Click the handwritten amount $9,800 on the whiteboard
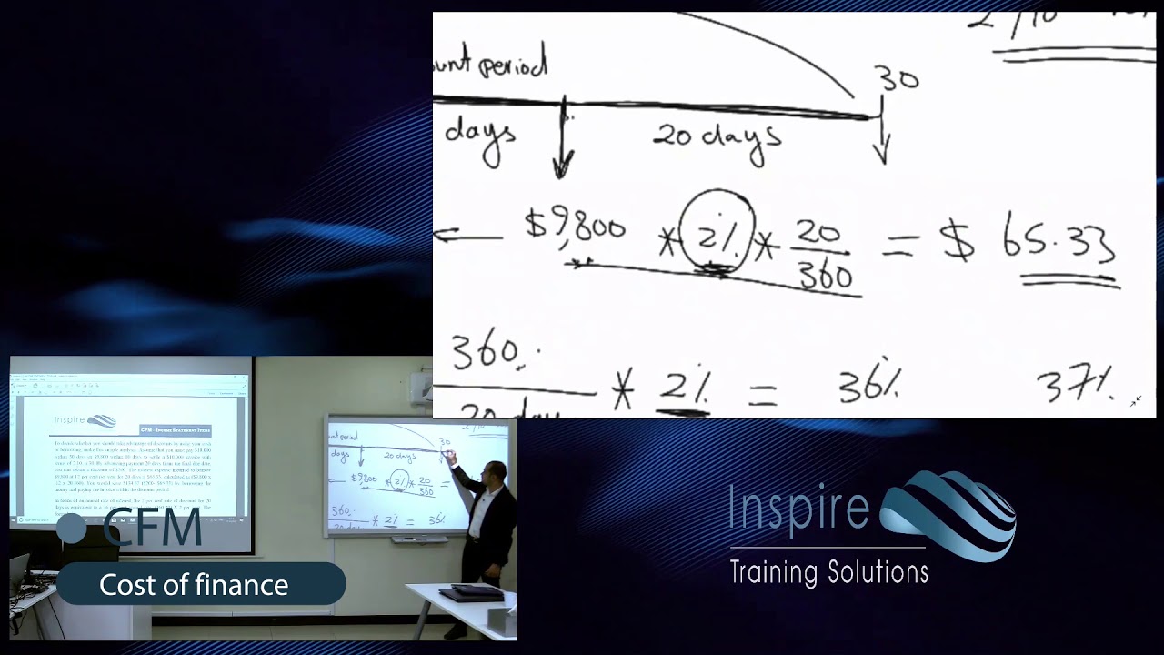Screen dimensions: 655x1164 click(575, 226)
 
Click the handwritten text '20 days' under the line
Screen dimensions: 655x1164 click(717, 136)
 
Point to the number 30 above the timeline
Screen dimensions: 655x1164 click(898, 80)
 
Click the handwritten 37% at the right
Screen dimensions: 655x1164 click(1075, 386)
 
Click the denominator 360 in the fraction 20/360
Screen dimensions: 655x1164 click(825, 275)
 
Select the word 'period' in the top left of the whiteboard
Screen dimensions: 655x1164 click(514, 65)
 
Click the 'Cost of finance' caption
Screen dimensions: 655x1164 click(194, 585)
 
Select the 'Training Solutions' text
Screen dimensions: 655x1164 click(828, 572)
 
